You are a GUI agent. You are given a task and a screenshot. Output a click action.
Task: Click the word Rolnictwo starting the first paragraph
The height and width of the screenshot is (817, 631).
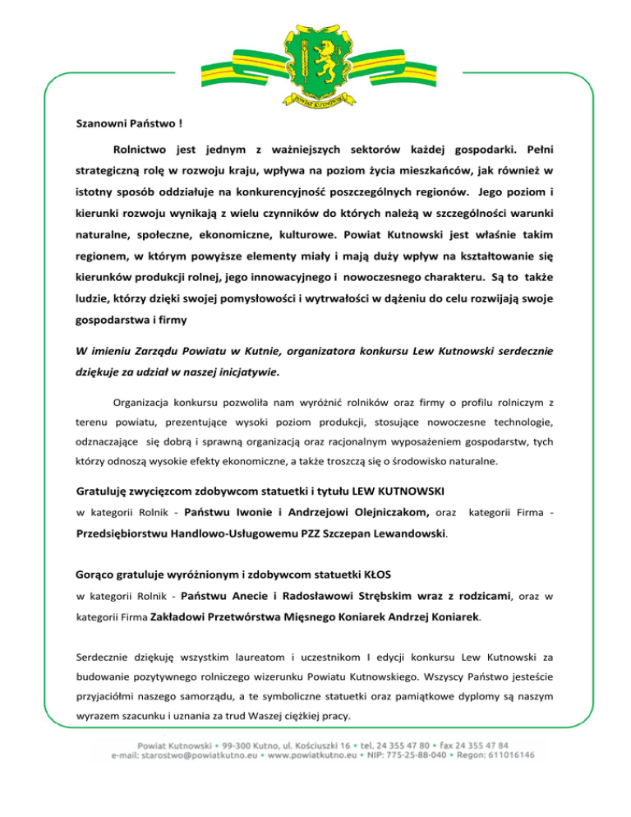click(140, 150)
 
